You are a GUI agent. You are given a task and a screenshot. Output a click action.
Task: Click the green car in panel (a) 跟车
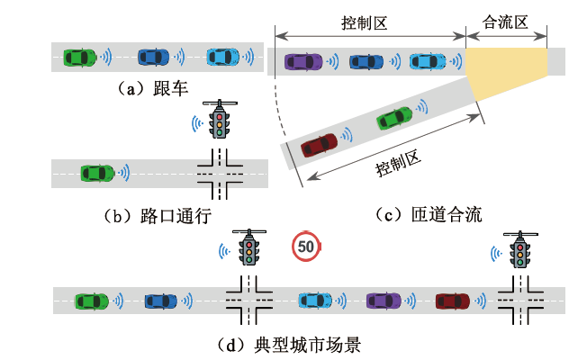(x=78, y=57)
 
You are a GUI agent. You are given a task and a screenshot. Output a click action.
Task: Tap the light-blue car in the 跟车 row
(x=223, y=57)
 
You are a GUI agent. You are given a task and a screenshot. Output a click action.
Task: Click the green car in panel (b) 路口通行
(x=97, y=171)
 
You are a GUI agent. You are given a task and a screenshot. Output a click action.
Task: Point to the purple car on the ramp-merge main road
(x=303, y=61)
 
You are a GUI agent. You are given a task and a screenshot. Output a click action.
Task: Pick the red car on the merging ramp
(x=319, y=144)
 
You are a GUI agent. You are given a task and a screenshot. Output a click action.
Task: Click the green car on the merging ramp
(x=393, y=118)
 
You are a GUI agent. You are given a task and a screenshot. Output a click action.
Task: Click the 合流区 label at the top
(x=505, y=20)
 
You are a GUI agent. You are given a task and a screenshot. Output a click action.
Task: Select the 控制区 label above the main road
(x=365, y=20)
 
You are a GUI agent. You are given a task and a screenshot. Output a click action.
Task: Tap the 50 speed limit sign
(x=306, y=245)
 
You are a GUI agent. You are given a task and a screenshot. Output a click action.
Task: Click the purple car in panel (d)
(x=384, y=300)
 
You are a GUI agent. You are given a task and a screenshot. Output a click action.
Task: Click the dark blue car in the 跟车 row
(x=154, y=57)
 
